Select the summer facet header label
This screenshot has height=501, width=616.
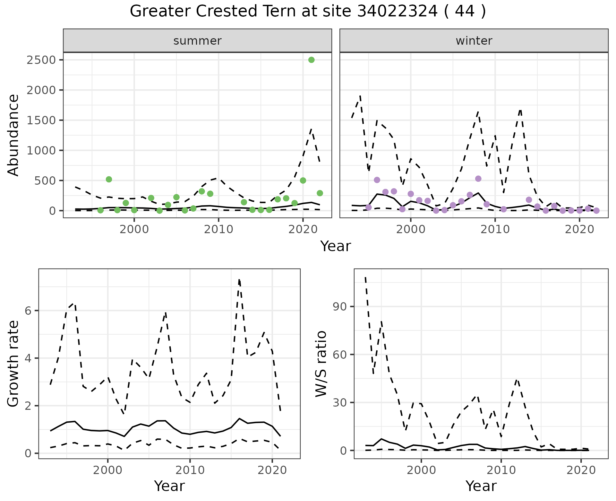pos(197,41)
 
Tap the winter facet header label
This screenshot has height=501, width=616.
pos(474,41)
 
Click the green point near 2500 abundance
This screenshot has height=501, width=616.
pos(311,60)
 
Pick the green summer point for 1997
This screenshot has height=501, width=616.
pos(109,179)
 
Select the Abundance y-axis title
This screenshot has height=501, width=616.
pos(13,135)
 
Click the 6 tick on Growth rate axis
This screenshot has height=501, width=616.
pos(29,311)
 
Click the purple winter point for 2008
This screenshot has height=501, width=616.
pos(478,179)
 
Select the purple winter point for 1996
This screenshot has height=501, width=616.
pos(377,180)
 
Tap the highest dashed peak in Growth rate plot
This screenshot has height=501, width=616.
pos(239,280)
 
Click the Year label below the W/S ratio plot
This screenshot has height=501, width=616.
pos(481,486)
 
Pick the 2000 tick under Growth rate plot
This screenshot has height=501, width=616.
pos(108,470)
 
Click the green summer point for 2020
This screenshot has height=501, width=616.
pos(303,180)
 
